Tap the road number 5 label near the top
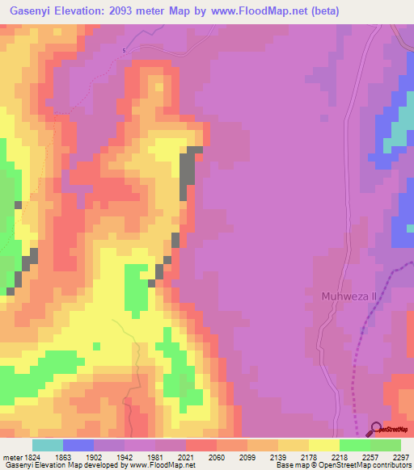pyautogui.click(x=124, y=51)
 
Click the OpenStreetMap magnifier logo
pyautogui.click(x=376, y=430)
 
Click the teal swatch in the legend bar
pyautogui.click(x=48, y=445)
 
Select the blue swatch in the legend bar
pyautogui.click(x=78, y=445)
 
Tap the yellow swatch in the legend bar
pyautogui.click(x=324, y=445)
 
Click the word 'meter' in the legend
pyautogui.click(x=12, y=456)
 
